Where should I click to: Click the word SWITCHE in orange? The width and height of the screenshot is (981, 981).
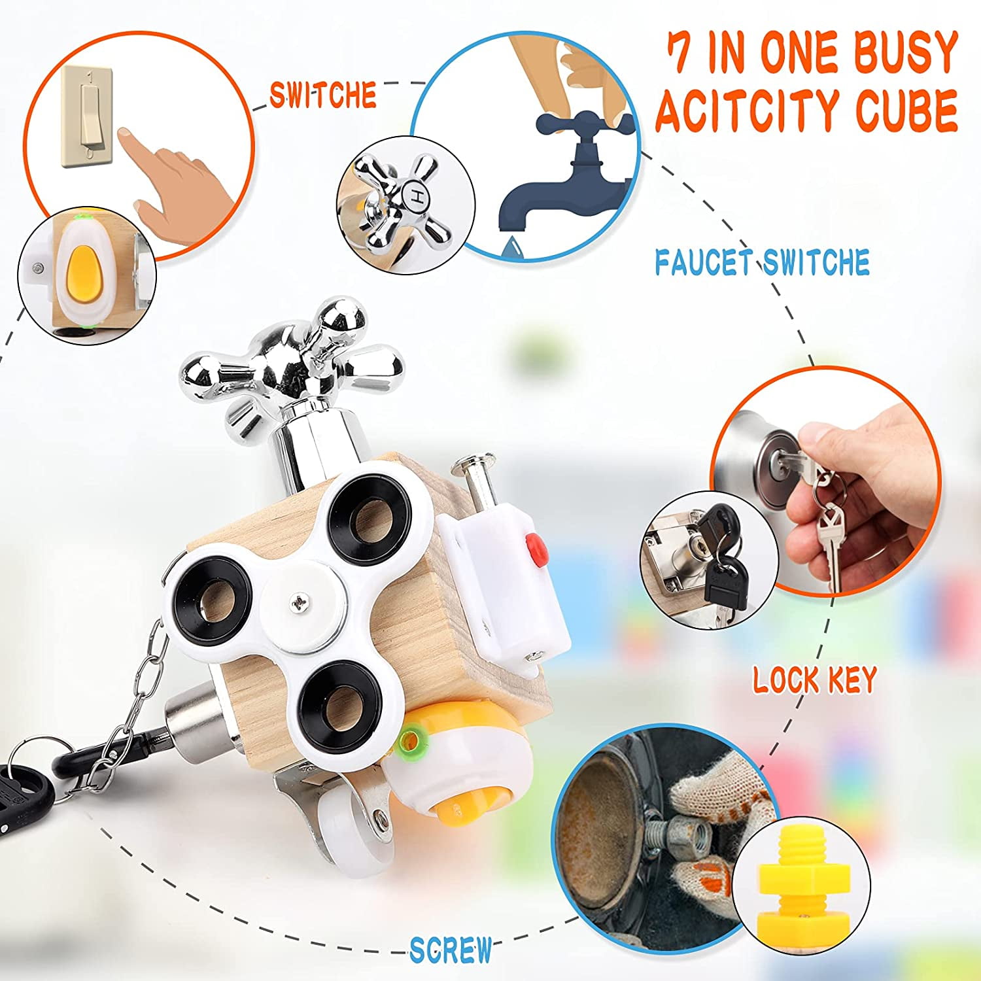[322, 95]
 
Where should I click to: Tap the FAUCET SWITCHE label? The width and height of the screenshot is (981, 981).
[763, 262]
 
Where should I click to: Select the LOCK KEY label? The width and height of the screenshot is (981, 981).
[814, 680]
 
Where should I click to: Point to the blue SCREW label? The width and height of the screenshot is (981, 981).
[451, 950]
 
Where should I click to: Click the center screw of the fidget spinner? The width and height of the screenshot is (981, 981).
[300, 600]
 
